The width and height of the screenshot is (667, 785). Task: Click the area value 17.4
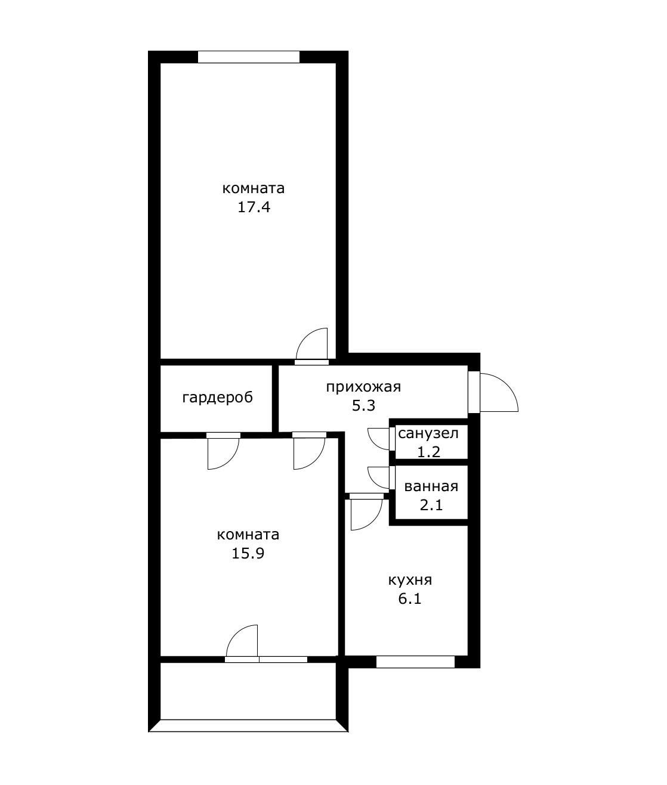tap(254, 207)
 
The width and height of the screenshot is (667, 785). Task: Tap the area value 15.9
tap(248, 553)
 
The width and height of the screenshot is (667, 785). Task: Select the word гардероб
tap(217, 398)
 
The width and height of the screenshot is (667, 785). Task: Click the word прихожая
tap(363, 387)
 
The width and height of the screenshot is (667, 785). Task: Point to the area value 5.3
tap(363, 406)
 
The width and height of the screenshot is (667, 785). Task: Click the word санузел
tap(428, 433)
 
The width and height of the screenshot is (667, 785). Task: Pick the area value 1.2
tap(429, 452)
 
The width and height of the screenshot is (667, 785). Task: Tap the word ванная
tap(431, 486)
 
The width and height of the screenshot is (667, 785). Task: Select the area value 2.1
tap(431, 505)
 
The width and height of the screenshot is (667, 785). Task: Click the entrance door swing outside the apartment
tap(507, 386)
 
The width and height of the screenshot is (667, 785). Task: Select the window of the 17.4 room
tap(249, 57)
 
